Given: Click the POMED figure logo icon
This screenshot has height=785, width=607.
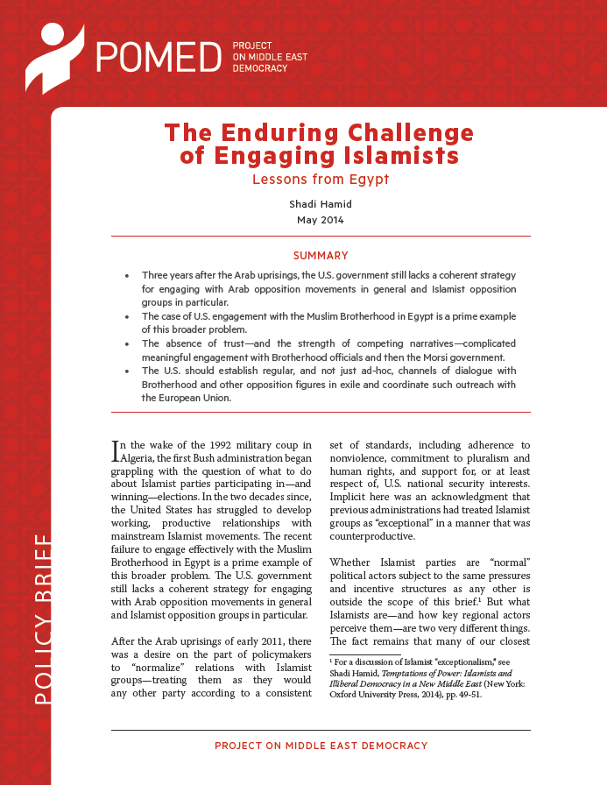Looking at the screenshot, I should tap(54, 56).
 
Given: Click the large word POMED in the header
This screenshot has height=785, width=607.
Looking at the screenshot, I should tap(159, 56).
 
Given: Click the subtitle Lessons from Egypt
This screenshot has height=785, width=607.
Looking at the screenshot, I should tap(321, 180).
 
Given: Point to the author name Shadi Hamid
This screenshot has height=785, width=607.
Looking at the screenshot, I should tap(320, 204).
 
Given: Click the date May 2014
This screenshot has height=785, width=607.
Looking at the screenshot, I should tap(320, 220).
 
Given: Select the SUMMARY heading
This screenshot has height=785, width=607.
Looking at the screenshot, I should tap(320, 256).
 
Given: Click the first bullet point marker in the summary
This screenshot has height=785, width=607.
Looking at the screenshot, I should tap(129, 274).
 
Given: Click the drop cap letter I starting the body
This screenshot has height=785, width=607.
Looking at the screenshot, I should tap(116, 451).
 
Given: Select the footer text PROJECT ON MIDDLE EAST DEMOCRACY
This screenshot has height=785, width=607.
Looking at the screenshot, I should tap(321, 746).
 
